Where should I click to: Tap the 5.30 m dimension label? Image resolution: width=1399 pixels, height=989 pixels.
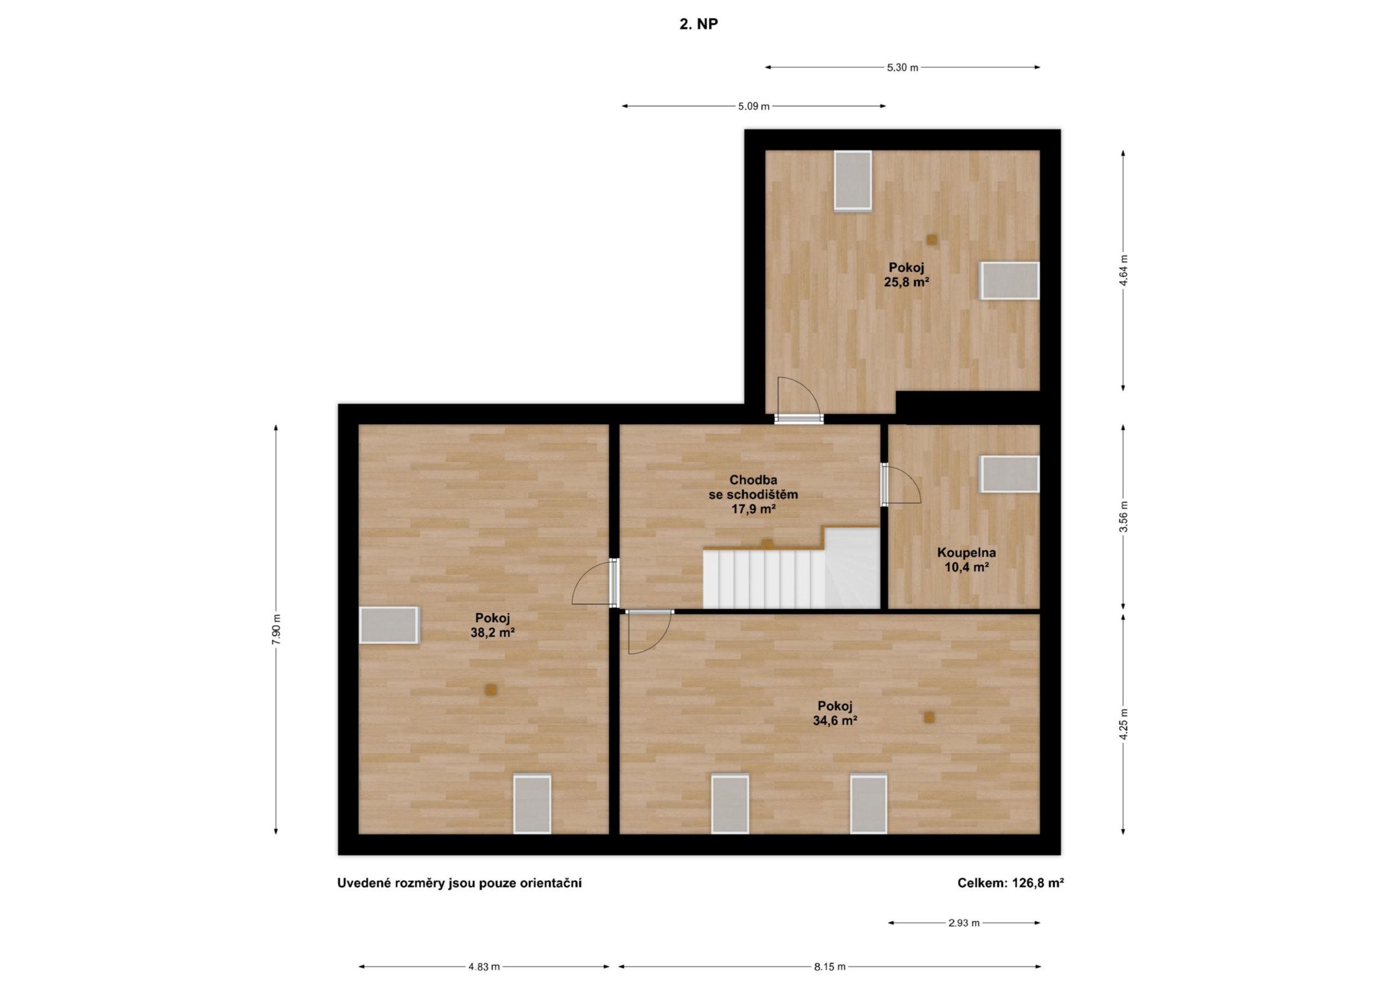tap(902, 68)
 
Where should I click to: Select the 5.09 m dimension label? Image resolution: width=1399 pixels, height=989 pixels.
tap(754, 107)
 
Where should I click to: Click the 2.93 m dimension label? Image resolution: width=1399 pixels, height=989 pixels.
tap(964, 923)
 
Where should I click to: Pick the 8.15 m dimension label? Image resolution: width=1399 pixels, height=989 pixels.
tap(830, 967)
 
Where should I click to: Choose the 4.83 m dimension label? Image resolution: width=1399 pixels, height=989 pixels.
tap(484, 967)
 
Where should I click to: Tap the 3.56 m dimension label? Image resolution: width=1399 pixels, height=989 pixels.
tap(1124, 517)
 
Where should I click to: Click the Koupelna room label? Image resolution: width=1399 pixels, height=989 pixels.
tap(966, 554)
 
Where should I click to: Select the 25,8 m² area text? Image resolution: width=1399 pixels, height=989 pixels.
tap(907, 282)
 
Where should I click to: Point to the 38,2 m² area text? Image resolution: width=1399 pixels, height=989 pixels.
tap(492, 633)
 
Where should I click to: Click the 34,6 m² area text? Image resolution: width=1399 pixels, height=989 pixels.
tap(835, 721)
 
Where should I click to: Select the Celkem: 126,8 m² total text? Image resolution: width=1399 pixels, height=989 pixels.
tap(1011, 883)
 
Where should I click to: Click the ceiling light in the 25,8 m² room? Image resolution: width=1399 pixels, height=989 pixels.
tap(931, 240)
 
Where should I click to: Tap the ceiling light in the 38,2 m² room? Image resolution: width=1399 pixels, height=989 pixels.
tap(491, 690)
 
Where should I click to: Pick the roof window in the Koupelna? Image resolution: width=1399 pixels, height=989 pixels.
tap(1009, 474)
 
